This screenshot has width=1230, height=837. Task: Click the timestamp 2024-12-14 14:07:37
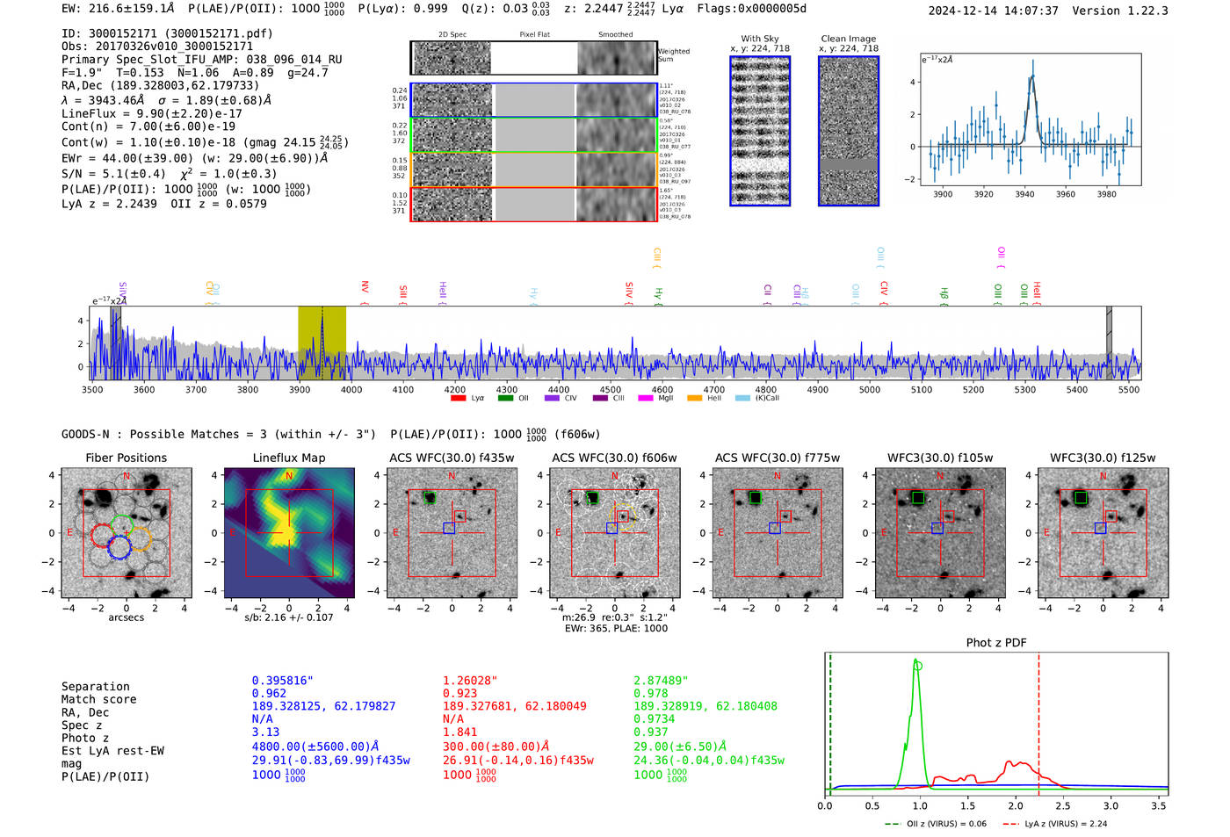(993, 11)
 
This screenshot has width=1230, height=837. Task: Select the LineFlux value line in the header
(152, 113)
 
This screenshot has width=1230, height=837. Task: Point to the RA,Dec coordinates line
(160, 85)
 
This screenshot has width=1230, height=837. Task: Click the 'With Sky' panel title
(759, 39)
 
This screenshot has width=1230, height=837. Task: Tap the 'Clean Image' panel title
(848, 39)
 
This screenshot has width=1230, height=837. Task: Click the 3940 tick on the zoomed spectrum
(1024, 194)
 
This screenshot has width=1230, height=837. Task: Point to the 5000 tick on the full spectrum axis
(870, 389)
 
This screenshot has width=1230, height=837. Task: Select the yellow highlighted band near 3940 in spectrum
(322, 343)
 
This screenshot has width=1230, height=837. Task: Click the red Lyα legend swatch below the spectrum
(458, 399)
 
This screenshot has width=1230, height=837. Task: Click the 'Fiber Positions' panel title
(126, 458)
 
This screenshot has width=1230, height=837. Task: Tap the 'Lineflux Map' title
(289, 458)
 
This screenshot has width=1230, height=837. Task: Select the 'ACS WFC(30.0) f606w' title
(614, 458)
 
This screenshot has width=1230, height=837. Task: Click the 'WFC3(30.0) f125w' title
(1103, 458)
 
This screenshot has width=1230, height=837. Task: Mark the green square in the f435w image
(430, 498)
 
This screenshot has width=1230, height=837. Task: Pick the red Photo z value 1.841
(460, 732)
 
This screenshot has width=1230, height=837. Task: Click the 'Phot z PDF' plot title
(996, 643)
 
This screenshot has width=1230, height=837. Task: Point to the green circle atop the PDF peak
(918, 666)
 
